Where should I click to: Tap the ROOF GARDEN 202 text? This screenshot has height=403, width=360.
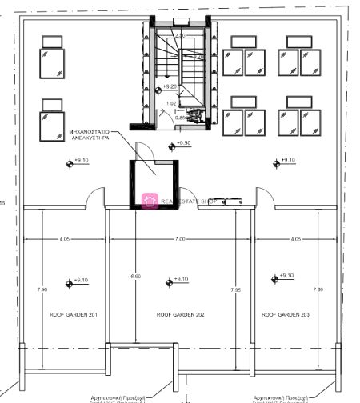(x=180, y=316)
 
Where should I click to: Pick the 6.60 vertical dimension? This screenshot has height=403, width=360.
(x=135, y=277)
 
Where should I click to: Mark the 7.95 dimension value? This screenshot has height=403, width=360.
(x=235, y=289)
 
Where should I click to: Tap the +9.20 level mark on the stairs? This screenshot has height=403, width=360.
(x=167, y=86)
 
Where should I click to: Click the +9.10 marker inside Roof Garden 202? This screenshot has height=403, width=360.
(x=177, y=280)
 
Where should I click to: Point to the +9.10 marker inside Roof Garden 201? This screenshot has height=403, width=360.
(x=78, y=281)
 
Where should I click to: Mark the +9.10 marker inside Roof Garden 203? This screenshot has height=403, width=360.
(x=282, y=277)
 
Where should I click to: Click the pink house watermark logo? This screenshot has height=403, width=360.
(x=148, y=201)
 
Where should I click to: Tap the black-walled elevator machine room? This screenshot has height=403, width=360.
(x=153, y=184)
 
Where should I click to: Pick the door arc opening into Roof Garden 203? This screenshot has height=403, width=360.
(x=264, y=198)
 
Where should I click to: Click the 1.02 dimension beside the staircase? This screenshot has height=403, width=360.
(x=171, y=104)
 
